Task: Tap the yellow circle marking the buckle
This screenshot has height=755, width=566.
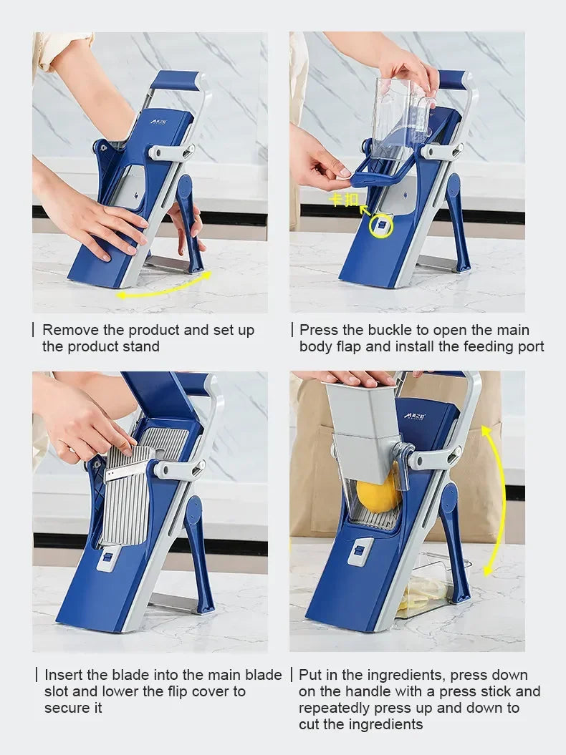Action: [x=381, y=226]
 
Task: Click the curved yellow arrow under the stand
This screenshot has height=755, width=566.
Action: [x=164, y=287]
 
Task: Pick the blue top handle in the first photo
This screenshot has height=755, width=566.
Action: [x=175, y=80]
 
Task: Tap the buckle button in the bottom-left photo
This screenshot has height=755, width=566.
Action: [x=107, y=557]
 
